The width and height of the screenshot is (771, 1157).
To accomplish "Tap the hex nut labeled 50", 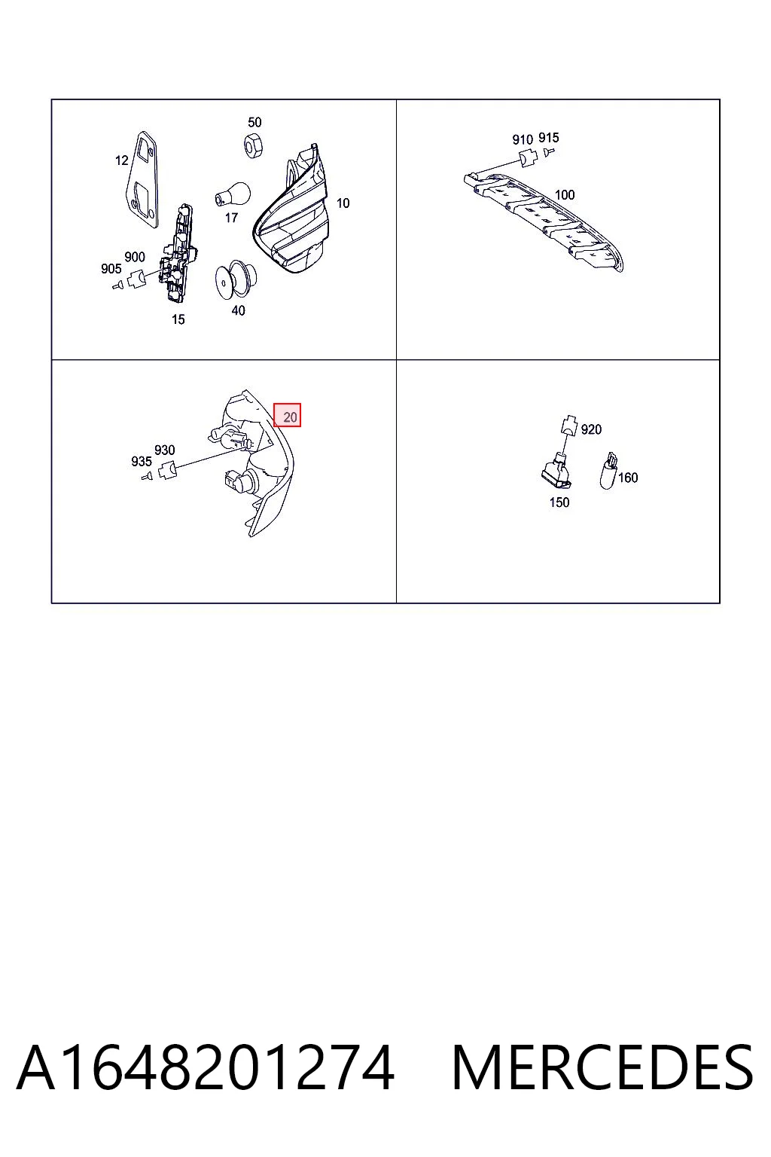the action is (x=253, y=145).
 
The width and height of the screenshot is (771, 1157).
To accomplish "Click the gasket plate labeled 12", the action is (x=144, y=180).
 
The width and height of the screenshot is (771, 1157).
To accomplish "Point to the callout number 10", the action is (x=343, y=203).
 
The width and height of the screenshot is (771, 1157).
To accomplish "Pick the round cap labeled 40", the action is (x=232, y=279).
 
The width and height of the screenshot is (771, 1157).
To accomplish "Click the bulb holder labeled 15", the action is (x=178, y=253).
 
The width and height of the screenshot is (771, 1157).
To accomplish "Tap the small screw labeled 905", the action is (x=118, y=285).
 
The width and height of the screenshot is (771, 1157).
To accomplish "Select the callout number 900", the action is (x=135, y=257).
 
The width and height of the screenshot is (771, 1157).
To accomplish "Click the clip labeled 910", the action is (x=526, y=159).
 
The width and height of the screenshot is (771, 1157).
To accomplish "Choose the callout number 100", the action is (x=565, y=195).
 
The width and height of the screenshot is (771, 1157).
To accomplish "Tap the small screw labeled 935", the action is (x=147, y=476).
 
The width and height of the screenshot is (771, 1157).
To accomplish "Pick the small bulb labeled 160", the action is (x=608, y=471).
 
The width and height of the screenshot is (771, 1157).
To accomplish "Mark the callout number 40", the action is (x=238, y=310).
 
